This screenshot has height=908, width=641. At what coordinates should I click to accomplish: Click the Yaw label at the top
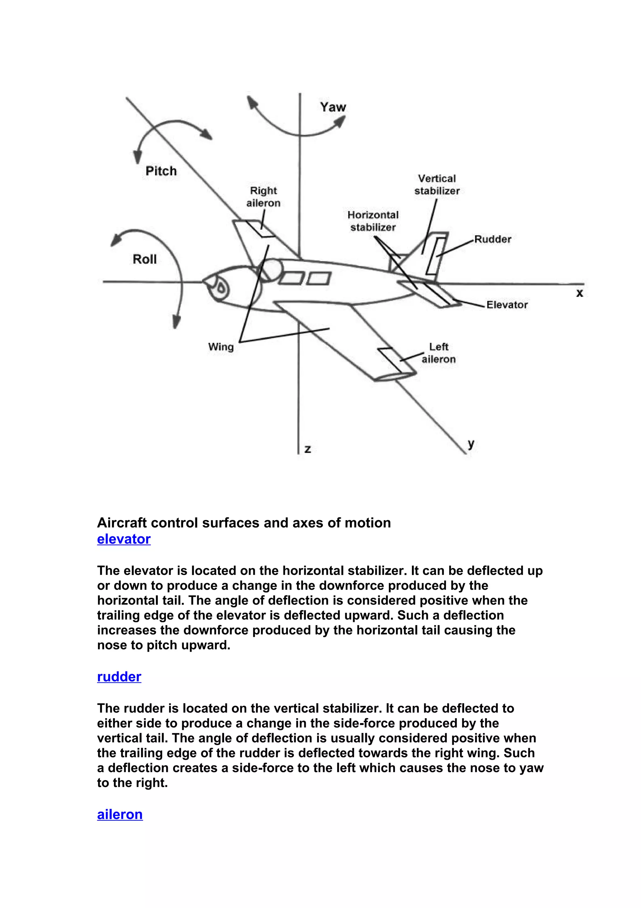tap(333, 107)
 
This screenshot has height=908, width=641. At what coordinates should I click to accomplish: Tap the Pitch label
tap(161, 171)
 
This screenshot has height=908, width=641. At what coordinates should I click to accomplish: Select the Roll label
tap(145, 259)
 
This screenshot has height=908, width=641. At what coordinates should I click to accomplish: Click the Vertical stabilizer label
tap(437, 185)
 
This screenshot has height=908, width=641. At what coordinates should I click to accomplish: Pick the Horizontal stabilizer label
tap(373, 221)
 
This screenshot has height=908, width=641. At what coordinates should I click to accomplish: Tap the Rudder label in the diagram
tap(493, 239)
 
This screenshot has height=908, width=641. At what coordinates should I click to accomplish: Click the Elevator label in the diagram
tap(507, 305)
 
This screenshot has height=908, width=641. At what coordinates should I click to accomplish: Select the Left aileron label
tap(438, 353)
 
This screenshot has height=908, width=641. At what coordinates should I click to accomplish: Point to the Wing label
tap(221, 347)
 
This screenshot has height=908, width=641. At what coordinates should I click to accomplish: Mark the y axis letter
tap(471, 444)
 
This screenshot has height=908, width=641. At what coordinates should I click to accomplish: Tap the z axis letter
tap(308, 449)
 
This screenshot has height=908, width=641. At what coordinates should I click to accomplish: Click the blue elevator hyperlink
tap(124, 539)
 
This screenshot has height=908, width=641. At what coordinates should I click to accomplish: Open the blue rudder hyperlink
tap(119, 677)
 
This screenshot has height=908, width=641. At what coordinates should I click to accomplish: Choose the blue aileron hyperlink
tap(120, 814)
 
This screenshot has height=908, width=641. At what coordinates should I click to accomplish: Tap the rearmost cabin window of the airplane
tap(318, 279)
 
